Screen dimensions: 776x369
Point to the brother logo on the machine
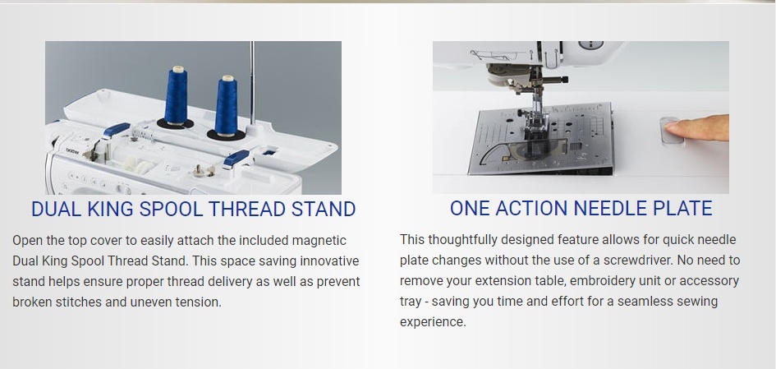(73, 150)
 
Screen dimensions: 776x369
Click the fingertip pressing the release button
(674, 127)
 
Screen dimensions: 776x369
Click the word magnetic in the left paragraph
(319, 241)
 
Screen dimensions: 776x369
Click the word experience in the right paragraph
(433, 322)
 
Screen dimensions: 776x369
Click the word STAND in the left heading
(324, 209)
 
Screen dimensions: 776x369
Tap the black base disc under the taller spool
(175, 124)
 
